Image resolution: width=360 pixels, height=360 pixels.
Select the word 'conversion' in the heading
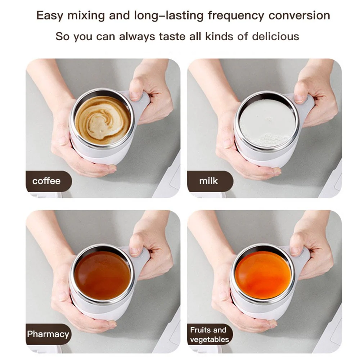299,15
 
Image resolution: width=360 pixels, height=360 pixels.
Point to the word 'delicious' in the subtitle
275,36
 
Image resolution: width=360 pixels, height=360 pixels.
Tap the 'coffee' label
46,181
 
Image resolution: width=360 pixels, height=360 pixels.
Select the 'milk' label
208,181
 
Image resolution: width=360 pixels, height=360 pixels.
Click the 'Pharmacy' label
48,334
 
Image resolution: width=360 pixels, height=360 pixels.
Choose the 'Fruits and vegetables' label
210,334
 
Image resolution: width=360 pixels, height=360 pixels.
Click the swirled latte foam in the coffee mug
103,120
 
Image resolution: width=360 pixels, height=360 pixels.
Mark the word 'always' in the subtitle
137,37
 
